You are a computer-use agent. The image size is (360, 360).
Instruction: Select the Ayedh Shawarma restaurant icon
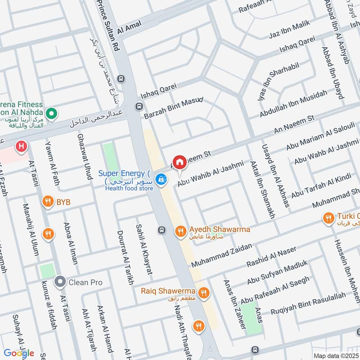point(180,231)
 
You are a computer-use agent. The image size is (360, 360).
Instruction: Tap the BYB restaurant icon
point(47,202)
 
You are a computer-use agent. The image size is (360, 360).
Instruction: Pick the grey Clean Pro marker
point(59,282)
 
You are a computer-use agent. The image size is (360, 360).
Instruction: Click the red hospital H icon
point(20,146)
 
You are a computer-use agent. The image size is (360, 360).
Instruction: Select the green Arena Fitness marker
point(52,112)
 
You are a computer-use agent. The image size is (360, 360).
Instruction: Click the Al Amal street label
point(129,27)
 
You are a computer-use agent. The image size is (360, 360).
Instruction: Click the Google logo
point(19,353)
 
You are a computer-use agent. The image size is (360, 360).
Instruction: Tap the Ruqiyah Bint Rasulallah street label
point(308,304)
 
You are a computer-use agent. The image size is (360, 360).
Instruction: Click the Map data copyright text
point(336,356)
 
